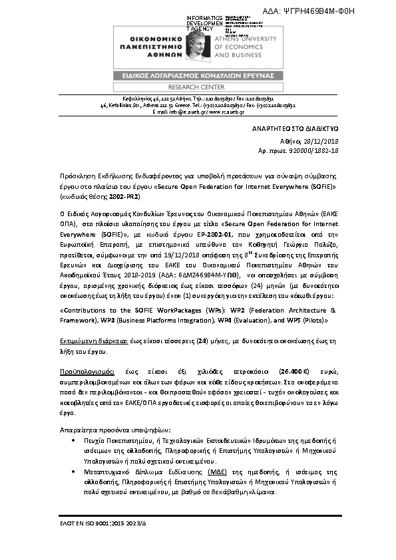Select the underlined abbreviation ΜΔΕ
pyautogui.click(x=196, y=469)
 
